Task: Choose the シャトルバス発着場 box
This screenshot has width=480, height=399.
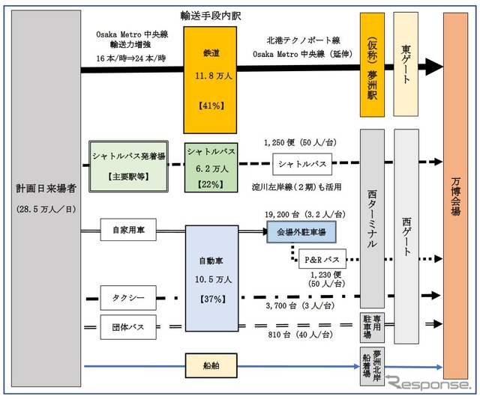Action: (127, 167)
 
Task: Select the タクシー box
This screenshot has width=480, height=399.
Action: (128, 297)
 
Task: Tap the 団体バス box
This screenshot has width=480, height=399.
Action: (128, 326)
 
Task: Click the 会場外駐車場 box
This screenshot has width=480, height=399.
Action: (301, 233)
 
